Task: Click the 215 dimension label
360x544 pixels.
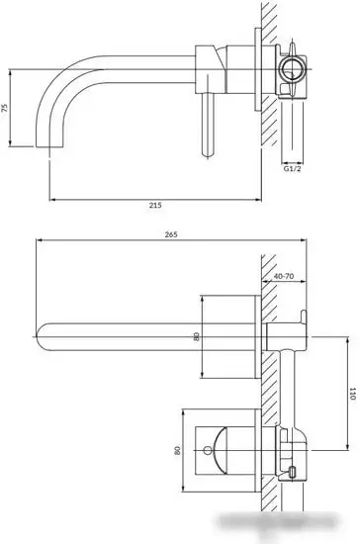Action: coord(155,205)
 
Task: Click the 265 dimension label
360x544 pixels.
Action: coord(171,234)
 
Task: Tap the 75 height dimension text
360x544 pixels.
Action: coord(5,108)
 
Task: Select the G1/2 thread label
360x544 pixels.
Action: coord(293,169)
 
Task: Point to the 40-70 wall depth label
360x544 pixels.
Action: coord(284,276)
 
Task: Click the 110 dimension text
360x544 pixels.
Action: coord(352,394)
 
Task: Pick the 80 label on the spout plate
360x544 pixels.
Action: coord(197,336)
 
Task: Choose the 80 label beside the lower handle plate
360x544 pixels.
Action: coord(177,450)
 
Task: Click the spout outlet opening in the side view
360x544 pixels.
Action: coord(49,146)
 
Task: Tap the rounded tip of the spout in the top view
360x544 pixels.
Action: coord(40,336)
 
